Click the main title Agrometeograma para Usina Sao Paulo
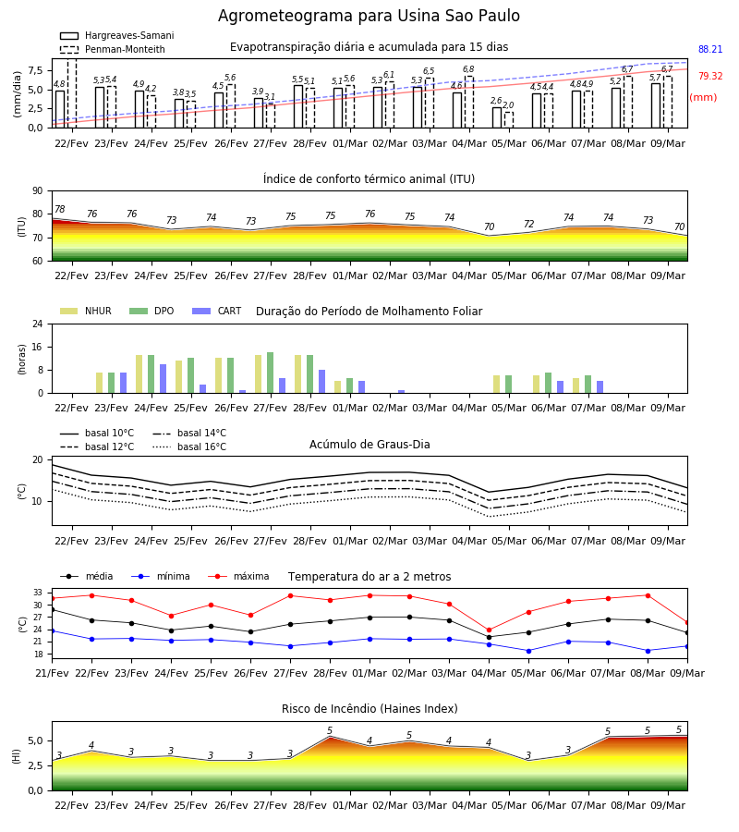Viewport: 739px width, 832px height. coord(369,16)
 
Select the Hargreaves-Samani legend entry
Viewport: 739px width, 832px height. coord(117,35)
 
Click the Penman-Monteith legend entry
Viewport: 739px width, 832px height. coord(113,49)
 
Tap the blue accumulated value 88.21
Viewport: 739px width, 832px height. coord(710,49)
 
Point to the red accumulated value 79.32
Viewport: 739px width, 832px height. coord(710,76)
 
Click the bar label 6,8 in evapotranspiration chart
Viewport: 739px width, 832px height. coord(468,69)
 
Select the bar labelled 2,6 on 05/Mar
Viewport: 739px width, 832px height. coord(497,117)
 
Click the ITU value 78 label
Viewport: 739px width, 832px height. coord(60,209)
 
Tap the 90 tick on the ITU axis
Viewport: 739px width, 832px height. coord(38,191)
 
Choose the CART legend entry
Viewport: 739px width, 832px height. coord(217,311)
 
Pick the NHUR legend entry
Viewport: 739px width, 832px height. coord(86,311)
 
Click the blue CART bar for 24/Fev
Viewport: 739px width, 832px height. coord(163,379)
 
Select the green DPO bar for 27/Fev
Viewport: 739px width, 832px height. coord(271,373)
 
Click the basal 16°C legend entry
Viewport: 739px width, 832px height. coord(189,447)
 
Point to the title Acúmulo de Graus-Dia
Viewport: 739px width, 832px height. coord(369,445)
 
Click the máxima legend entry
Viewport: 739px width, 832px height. coord(238,576)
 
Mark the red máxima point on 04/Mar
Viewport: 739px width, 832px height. coord(489,630)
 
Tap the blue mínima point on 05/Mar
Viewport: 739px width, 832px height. coord(528,651)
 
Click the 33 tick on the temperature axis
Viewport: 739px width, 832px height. coord(38,593)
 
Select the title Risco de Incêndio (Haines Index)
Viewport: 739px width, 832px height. coord(369,709)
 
